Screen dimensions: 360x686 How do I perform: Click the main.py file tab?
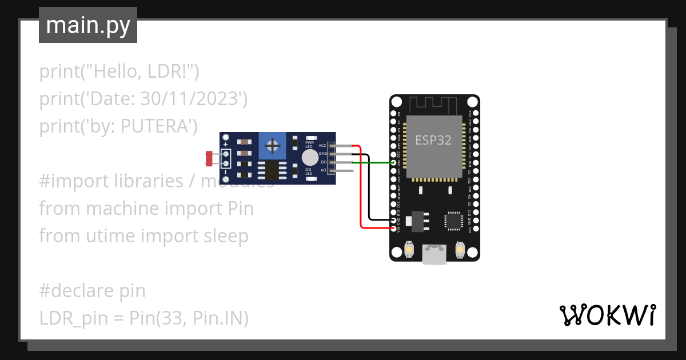87,25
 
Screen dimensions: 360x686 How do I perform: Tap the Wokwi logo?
607,315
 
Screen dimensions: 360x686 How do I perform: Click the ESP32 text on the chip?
433,141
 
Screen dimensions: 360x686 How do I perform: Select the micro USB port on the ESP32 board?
434,255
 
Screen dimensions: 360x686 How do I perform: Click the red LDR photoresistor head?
209,156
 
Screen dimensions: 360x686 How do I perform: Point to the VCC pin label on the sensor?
322,146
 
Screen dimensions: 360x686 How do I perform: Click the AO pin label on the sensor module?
323,170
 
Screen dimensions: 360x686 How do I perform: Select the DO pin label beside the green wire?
323,162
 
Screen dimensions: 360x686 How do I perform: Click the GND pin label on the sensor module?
322,154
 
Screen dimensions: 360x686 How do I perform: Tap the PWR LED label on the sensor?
310,144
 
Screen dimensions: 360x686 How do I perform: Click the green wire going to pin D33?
374,162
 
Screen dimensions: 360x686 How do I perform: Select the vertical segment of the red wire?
360,189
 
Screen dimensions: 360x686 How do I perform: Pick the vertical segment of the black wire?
369,189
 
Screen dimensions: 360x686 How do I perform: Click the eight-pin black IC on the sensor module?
268,170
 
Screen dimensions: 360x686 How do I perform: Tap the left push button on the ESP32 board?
409,250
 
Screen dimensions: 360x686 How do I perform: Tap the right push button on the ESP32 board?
460,250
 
